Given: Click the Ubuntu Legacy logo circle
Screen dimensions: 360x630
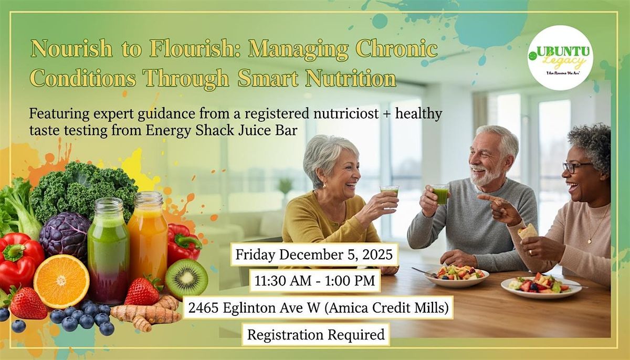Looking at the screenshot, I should click(x=560, y=57).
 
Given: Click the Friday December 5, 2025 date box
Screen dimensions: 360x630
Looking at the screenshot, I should click(x=314, y=255).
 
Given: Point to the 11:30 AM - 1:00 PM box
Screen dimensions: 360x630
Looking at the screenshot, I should click(x=314, y=281).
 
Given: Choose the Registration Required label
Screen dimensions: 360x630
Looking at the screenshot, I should click(x=316, y=334).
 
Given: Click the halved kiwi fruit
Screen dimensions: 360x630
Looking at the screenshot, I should click(x=186, y=279).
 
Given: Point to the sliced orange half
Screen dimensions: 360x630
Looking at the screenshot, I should click(x=61, y=281).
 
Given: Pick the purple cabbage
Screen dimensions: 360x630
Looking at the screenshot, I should click(x=64, y=235).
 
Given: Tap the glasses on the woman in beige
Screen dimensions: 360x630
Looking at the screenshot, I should click(x=576, y=167).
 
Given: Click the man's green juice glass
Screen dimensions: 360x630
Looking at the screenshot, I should click(x=440, y=194).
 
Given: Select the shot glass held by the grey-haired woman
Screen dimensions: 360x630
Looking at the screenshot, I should click(x=390, y=192).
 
